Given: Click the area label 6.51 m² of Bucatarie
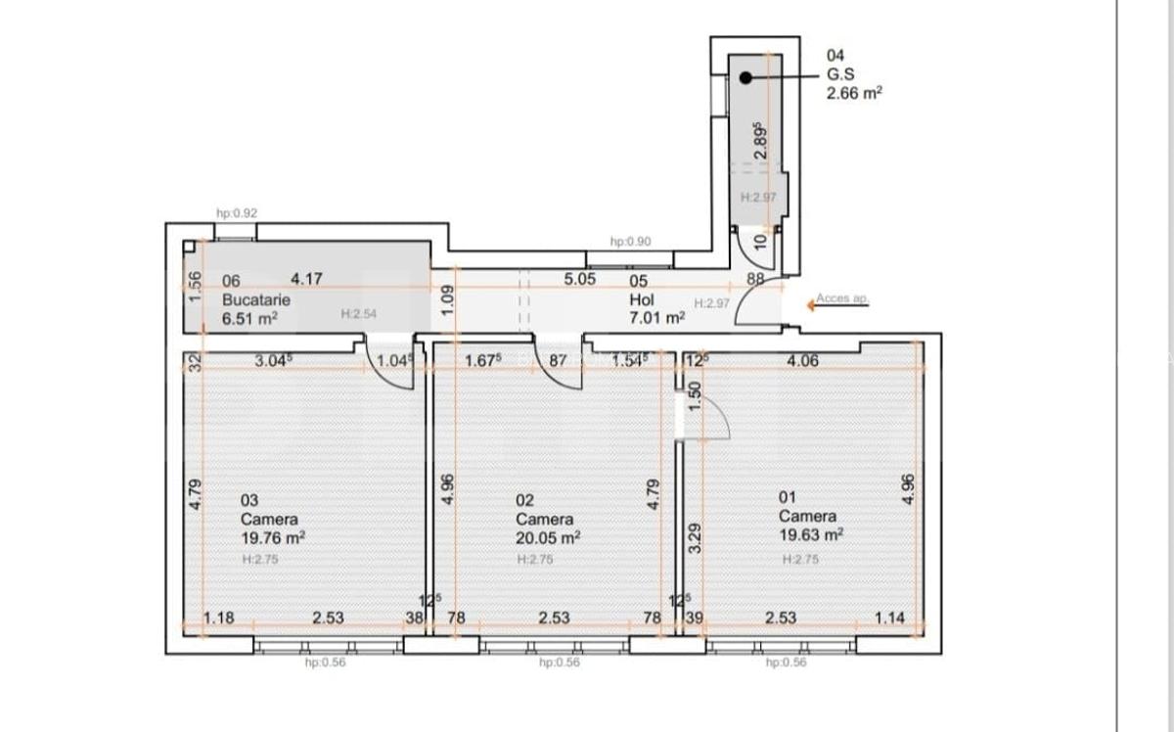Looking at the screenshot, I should [250, 318].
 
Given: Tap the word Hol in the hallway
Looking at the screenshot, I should [642, 300].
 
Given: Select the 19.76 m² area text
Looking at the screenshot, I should [273, 537].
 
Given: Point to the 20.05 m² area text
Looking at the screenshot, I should [548, 537].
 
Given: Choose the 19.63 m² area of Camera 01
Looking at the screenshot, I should [811, 534].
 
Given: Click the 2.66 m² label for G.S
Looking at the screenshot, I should [854, 94].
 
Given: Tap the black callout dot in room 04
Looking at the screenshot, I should [745, 76].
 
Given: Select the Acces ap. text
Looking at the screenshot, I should [842, 298].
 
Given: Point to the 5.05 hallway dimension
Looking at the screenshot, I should [580, 279].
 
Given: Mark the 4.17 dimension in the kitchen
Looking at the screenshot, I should [307, 279].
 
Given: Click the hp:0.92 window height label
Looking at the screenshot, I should [237, 212].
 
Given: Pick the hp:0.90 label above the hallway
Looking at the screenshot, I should [630, 241].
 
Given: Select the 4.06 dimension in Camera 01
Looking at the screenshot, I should [803, 361].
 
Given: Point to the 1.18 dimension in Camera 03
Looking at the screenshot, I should [219, 618].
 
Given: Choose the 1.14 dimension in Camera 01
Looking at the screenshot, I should [891, 618].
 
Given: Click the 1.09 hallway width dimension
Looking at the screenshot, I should [447, 298].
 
